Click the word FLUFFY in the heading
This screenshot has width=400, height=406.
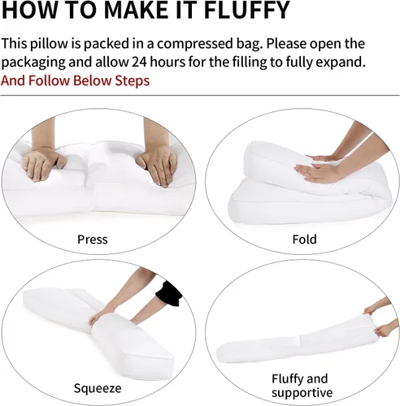[x=246, y=10]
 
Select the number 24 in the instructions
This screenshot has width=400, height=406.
[x=139, y=62]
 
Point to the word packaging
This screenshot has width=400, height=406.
[x=33, y=63]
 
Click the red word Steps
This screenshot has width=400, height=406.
[x=133, y=81]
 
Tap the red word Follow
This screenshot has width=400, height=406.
[x=49, y=80]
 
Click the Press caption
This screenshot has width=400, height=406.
[x=93, y=240]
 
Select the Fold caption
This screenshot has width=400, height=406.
[x=304, y=240]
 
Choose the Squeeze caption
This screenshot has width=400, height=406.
[x=98, y=389]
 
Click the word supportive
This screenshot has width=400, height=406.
[x=302, y=393]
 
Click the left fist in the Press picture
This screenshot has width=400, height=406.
[x=43, y=164]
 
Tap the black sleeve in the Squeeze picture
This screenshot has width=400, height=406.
[x=169, y=294]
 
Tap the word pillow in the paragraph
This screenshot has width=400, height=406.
[x=49, y=44]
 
